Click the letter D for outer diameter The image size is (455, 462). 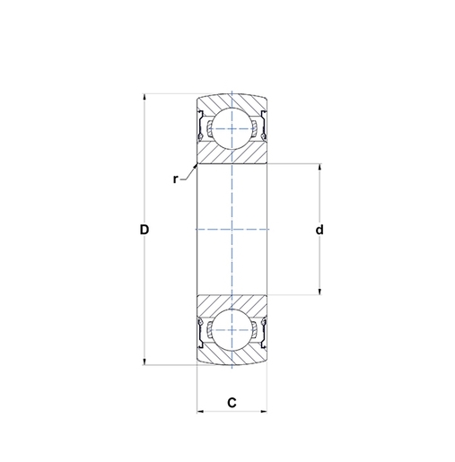point(144,231)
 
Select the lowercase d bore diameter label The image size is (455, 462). point(319,231)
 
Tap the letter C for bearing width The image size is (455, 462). point(232,403)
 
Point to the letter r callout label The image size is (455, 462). point(176,179)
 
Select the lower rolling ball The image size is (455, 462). point(232,330)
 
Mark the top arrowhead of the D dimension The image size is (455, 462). point(144,97)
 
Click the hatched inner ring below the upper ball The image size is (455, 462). point(232,155)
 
